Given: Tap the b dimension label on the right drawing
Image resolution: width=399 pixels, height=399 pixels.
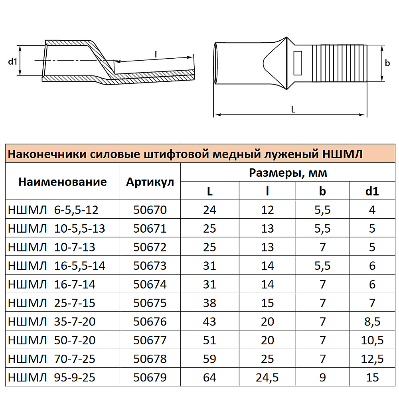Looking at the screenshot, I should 387,63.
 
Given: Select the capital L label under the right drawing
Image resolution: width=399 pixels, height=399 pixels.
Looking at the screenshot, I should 293,110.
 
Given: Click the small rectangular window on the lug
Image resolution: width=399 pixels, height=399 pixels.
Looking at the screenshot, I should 298,63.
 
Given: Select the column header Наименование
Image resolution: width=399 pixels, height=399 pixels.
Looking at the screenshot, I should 63,182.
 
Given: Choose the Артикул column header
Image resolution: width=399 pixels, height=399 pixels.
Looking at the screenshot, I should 150,182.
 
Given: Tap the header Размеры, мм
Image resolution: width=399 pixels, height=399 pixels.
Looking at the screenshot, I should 288,173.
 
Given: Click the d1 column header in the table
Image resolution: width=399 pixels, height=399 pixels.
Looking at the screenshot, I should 372,191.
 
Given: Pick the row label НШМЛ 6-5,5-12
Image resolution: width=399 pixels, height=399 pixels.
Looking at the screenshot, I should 53,209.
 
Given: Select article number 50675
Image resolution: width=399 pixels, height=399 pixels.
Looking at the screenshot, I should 150,303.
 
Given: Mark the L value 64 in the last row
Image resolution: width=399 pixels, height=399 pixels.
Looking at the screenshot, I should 209,377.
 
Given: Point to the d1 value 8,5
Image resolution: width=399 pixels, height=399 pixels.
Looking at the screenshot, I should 372,322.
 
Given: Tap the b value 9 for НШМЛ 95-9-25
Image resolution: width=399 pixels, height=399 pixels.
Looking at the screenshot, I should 322,377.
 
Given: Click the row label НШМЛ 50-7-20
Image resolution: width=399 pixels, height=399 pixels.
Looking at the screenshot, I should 51,340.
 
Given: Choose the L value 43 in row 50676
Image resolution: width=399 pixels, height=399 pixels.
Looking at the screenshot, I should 209,322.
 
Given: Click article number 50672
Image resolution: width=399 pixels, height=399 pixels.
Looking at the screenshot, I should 150,247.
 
